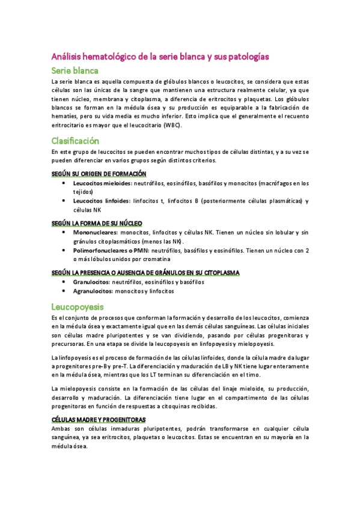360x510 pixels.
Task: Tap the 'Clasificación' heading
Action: [79, 141]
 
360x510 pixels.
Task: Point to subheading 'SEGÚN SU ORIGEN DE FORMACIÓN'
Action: [99, 173]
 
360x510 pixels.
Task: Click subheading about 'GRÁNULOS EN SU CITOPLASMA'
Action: [145, 272]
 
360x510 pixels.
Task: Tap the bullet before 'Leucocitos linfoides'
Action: [64, 201]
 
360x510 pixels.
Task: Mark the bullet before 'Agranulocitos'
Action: [64, 291]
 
